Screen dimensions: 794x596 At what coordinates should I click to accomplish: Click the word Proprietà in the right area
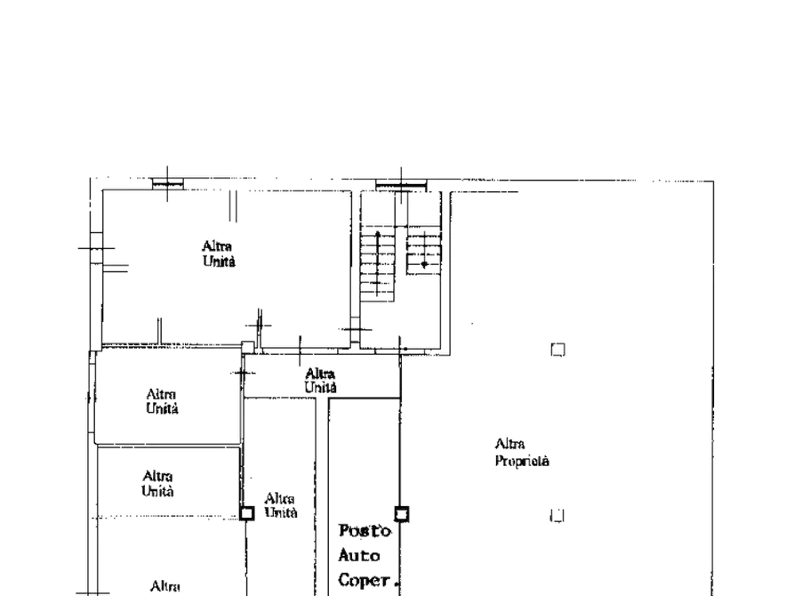522,461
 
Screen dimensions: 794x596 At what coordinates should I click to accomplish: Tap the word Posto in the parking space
365,531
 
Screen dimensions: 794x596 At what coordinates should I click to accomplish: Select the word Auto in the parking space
359,555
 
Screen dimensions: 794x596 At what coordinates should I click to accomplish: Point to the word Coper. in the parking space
366,580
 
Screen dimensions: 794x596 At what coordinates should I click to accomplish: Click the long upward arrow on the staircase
378,263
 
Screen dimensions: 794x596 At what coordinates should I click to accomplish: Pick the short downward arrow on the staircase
424,250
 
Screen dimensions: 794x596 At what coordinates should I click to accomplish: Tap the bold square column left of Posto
246,513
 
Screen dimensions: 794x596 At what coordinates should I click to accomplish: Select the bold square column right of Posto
402,514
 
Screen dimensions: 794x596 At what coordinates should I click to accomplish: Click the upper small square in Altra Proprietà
558,350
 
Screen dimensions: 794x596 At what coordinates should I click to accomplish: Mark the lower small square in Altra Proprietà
557,515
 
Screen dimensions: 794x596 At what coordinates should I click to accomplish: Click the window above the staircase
401,186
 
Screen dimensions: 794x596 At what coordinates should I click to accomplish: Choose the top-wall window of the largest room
168,184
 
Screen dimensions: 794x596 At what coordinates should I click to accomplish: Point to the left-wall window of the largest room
96,248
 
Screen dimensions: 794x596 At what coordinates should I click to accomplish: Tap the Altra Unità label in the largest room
218,254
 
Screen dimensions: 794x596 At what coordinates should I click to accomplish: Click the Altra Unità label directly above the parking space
321,381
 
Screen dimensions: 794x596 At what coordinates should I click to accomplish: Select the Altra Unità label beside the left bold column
281,505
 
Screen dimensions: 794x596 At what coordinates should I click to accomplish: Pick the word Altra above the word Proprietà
509,444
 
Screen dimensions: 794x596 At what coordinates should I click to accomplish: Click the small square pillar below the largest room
247,347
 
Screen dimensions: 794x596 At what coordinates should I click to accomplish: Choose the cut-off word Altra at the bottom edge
165,587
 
